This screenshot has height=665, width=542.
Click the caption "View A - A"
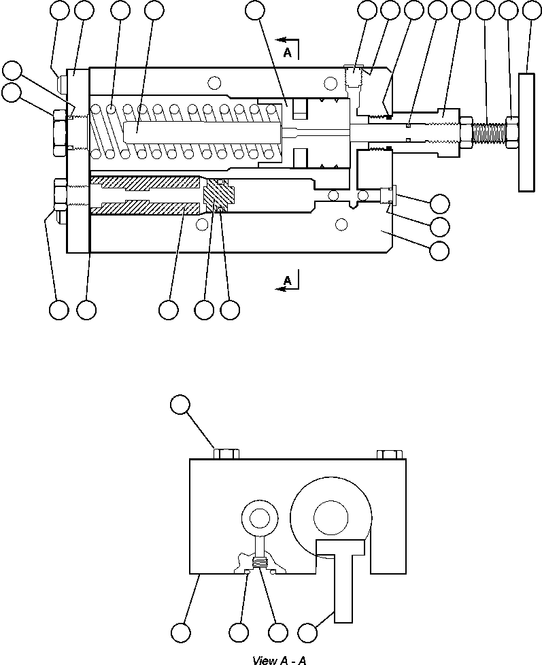(279, 660)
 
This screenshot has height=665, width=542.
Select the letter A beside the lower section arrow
(287, 279)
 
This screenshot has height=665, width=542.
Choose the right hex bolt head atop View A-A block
(389, 454)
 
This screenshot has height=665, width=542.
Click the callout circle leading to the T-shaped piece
(309, 632)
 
